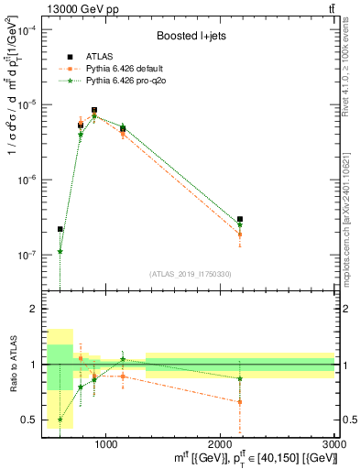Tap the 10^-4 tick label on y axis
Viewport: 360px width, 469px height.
point(28,30)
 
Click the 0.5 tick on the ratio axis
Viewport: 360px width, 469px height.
point(34,420)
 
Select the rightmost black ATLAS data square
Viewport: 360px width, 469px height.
point(240,220)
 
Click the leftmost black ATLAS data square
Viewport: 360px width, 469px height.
point(60,229)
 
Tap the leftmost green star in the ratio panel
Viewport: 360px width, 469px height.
point(60,420)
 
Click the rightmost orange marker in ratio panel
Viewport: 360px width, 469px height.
point(240,402)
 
